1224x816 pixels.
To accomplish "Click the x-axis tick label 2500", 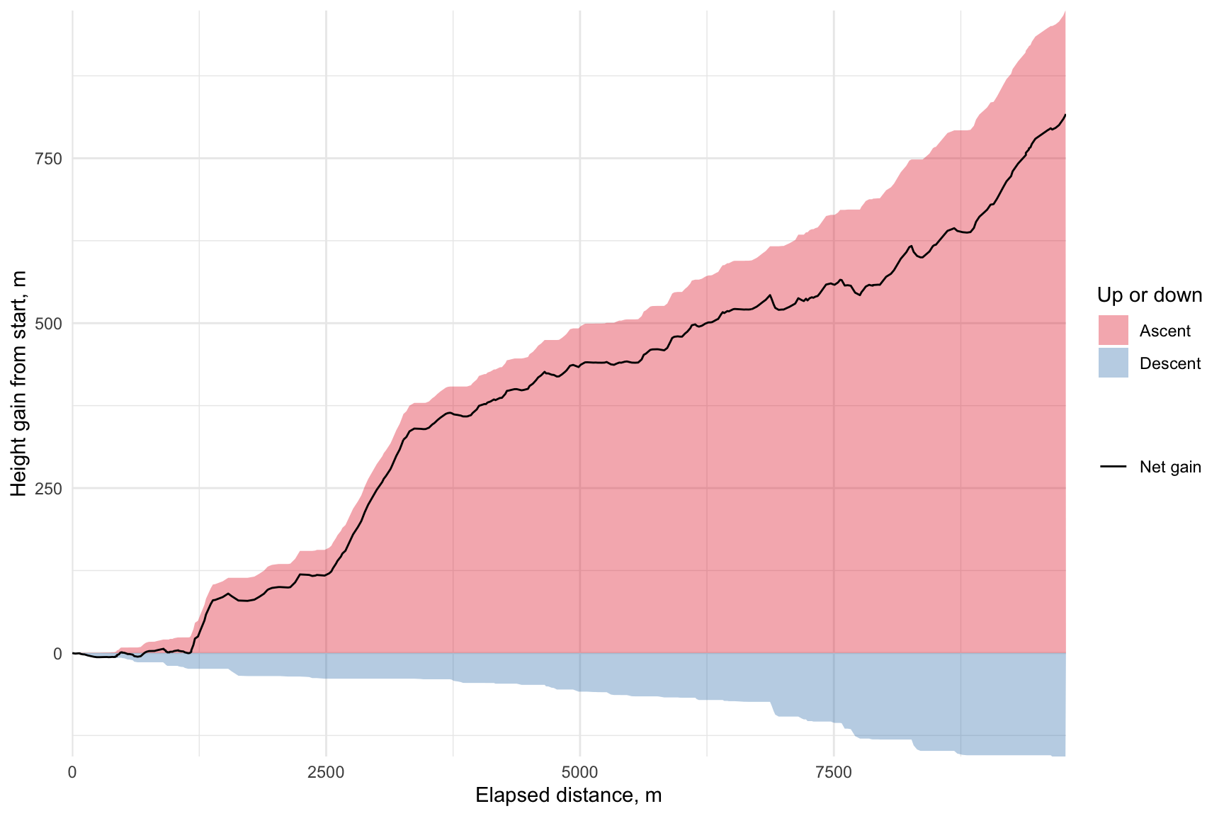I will click(326, 773).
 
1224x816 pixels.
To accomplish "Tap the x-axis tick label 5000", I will click(579, 773).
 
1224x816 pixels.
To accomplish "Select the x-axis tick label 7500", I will click(834, 773).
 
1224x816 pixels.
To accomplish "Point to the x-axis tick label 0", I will click(72, 773).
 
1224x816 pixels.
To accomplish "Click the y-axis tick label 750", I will click(49, 159).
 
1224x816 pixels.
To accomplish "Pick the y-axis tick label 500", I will click(49, 324).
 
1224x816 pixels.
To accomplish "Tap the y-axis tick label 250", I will click(49, 489).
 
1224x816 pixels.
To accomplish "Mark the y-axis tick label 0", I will click(58, 654).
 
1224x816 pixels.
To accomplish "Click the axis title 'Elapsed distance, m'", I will click(568, 795).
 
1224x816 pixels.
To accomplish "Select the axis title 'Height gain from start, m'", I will click(19, 383).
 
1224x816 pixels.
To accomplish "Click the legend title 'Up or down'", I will click(1149, 295).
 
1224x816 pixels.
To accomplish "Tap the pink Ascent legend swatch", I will click(1113, 331).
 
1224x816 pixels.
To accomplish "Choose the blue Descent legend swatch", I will click(1113, 363).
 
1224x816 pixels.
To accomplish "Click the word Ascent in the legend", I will click(1164, 331).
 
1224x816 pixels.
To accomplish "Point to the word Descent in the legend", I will click(1169, 364).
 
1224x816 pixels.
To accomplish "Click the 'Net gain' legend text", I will click(1169, 467).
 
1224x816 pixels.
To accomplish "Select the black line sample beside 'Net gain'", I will click(1113, 467).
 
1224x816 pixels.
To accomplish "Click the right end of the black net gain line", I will click(1065, 115).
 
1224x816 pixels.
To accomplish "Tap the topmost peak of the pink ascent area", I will click(1064, 13).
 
